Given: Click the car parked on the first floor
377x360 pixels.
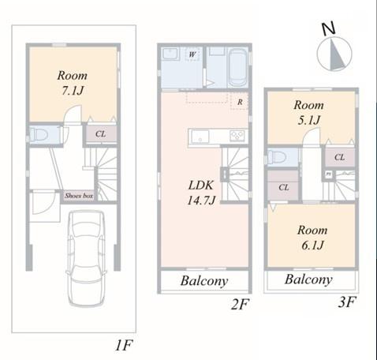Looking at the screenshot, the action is tap(87, 258).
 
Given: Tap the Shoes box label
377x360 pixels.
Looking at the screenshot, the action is tap(79, 196).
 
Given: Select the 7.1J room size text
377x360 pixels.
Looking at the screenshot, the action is tap(73, 91).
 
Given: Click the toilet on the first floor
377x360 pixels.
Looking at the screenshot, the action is tap(39, 135).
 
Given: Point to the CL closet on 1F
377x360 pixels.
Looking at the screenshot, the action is tap(101, 134).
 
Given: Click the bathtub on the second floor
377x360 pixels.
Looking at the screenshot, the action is tap(237, 68).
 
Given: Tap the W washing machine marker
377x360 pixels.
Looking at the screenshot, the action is tap(192, 54).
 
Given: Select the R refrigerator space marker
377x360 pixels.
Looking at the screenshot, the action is tap(240, 102).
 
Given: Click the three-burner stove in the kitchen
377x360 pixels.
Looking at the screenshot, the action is tap(237, 136).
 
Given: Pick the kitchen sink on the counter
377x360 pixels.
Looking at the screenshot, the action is tap(200, 137).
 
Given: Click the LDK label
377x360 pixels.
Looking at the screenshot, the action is tap(201, 186).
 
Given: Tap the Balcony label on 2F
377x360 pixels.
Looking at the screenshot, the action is tap(204, 281).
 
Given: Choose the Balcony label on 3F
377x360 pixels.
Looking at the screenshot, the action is tap(308, 279).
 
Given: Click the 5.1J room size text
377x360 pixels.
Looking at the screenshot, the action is tap(309, 121).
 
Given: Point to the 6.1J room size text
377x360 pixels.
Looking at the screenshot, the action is tap(312, 246).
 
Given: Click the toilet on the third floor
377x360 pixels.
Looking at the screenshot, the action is tap(276, 157).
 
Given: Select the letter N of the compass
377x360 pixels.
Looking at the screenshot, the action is tap(329, 28).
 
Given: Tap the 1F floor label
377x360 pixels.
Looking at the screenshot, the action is tap(124, 345).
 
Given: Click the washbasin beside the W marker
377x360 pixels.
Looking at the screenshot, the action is tap(170, 54).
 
